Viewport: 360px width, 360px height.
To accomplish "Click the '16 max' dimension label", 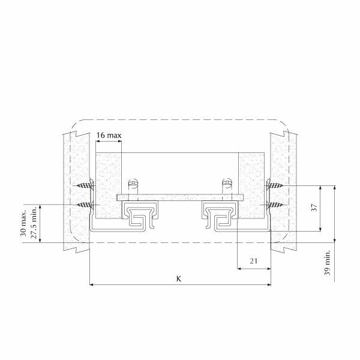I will tap(109, 136).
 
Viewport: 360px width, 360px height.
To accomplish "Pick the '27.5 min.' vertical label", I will tap(34, 224).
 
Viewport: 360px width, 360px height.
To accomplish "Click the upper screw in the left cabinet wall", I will tap(86, 187).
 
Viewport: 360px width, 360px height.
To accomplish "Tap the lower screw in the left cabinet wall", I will tap(86, 205).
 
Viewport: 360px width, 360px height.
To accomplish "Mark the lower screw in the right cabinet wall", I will tap(274, 205).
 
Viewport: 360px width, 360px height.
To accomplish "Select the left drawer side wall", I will tap(109, 180).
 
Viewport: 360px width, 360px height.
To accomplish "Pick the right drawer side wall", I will tap(251, 180).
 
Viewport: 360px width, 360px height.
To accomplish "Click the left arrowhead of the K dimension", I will tap(91, 285).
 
